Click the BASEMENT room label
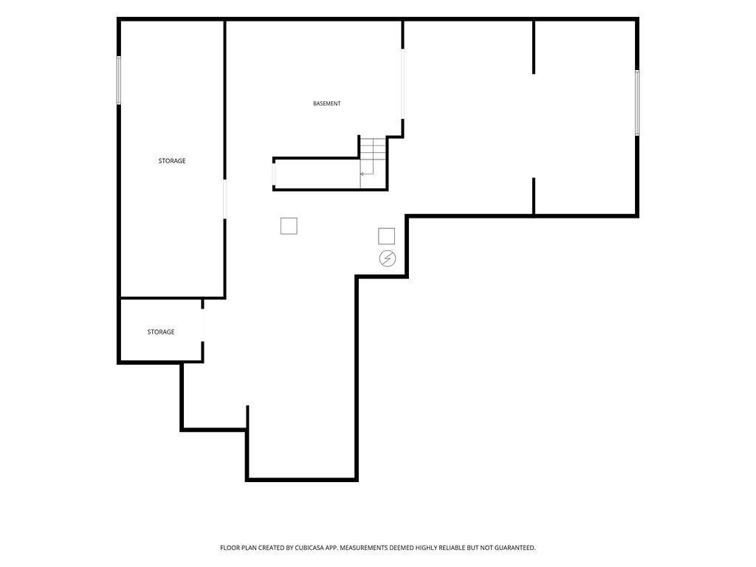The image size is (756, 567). [x=327, y=103]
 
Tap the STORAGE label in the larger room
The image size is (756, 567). [x=172, y=161]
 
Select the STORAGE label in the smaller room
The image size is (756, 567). [x=161, y=332]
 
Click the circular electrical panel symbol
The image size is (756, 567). [x=387, y=258]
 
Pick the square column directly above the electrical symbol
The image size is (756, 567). [x=387, y=236]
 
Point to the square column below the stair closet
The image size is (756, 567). [x=289, y=226]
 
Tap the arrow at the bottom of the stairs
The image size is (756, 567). [x=366, y=173]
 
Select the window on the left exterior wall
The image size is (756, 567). [x=119, y=80]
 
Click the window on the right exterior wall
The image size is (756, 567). [x=637, y=103]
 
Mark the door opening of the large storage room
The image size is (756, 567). [x=224, y=199]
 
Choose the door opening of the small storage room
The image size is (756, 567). [x=203, y=326]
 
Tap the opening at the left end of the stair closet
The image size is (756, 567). [x=274, y=175]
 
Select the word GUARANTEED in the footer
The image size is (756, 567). [x=515, y=548]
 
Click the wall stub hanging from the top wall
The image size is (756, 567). [x=534, y=47]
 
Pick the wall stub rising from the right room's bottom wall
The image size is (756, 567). [x=534, y=196]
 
